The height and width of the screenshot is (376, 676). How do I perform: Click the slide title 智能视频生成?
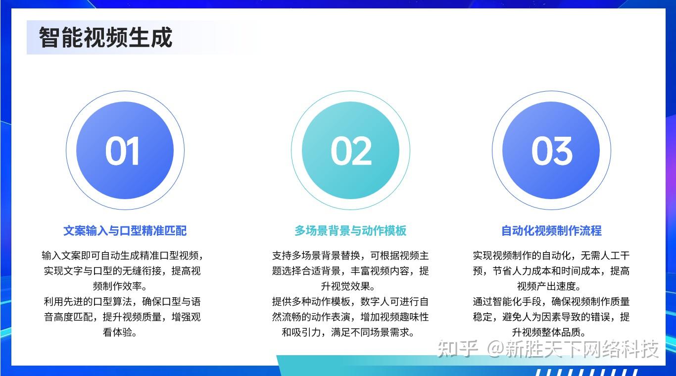tap(105, 38)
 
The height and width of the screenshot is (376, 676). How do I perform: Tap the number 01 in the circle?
tap(123, 151)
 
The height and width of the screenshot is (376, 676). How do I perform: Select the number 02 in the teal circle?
tap(351, 151)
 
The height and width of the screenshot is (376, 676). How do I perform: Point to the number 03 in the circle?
tap(551, 151)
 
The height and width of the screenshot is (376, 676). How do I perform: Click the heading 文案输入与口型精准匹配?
tap(125, 231)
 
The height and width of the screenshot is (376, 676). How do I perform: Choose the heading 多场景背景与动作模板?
tap(350, 231)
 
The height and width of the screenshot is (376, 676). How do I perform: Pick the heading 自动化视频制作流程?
tap(551, 231)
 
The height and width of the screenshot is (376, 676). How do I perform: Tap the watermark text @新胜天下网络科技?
tap(573, 349)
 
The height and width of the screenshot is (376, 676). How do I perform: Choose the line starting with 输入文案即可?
tap(123, 256)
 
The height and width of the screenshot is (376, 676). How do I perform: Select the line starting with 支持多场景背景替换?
tap(350, 256)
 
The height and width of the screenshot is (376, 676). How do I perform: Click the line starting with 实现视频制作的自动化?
tap(551, 256)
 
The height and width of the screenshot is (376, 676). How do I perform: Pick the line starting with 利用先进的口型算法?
tap(123, 302)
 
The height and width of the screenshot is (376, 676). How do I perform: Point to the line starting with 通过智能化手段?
tap(551, 302)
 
